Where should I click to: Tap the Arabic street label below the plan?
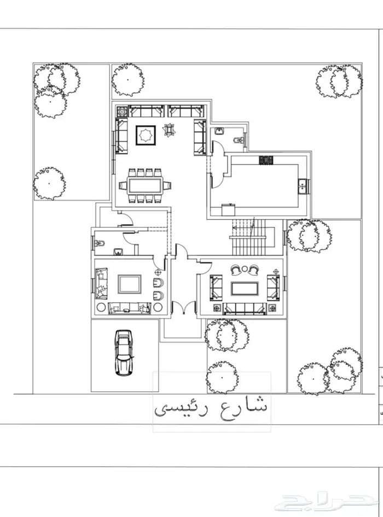(x=211, y=408)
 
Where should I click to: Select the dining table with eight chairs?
(x=146, y=185)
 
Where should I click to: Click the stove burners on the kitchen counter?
(x=266, y=160)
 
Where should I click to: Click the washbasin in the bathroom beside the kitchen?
(x=219, y=131)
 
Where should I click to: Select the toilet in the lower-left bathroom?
(x=100, y=244)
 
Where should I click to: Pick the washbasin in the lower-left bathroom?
(x=118, y=252)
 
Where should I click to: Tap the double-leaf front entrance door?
(x=183, y=308)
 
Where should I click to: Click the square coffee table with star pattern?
(x=146, y=134)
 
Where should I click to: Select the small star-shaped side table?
(x=170, y=130)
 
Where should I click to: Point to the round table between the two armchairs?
(x=245, y=269)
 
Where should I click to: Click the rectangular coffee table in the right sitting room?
(x=245, y=289)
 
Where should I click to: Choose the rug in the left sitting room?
(x=130, y=285)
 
